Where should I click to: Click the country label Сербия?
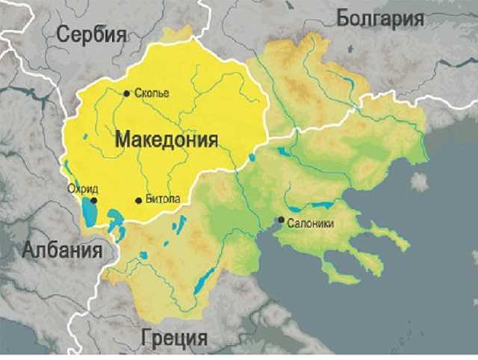pos(90,34)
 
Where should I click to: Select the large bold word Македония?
pos(166,140)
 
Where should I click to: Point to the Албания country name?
pos(62,250)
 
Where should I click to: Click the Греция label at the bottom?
pos(174,338)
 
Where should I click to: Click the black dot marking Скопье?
pos(126,93)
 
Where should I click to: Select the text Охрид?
pos(82,189)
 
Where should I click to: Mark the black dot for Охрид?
pos(94,200)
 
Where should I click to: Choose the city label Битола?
pos(162,200)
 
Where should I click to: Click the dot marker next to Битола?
pos(138,200)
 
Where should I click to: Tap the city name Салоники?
pos(309,222)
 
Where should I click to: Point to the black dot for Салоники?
pos(281,220)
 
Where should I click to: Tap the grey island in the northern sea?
pos(419,181)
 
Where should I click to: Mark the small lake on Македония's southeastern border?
pos(252,158)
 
